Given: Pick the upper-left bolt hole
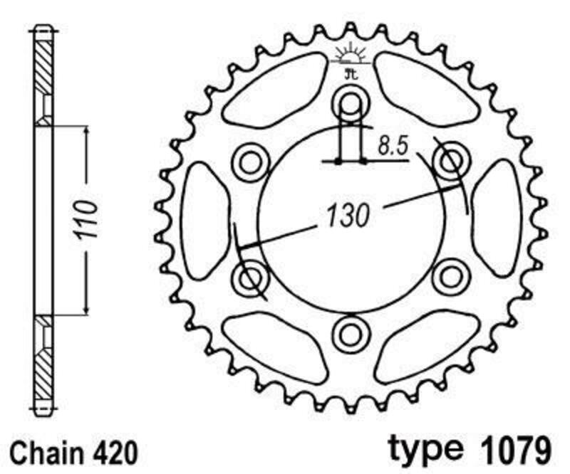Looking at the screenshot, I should coord(251,162).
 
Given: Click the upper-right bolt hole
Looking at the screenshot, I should coord(450,162).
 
